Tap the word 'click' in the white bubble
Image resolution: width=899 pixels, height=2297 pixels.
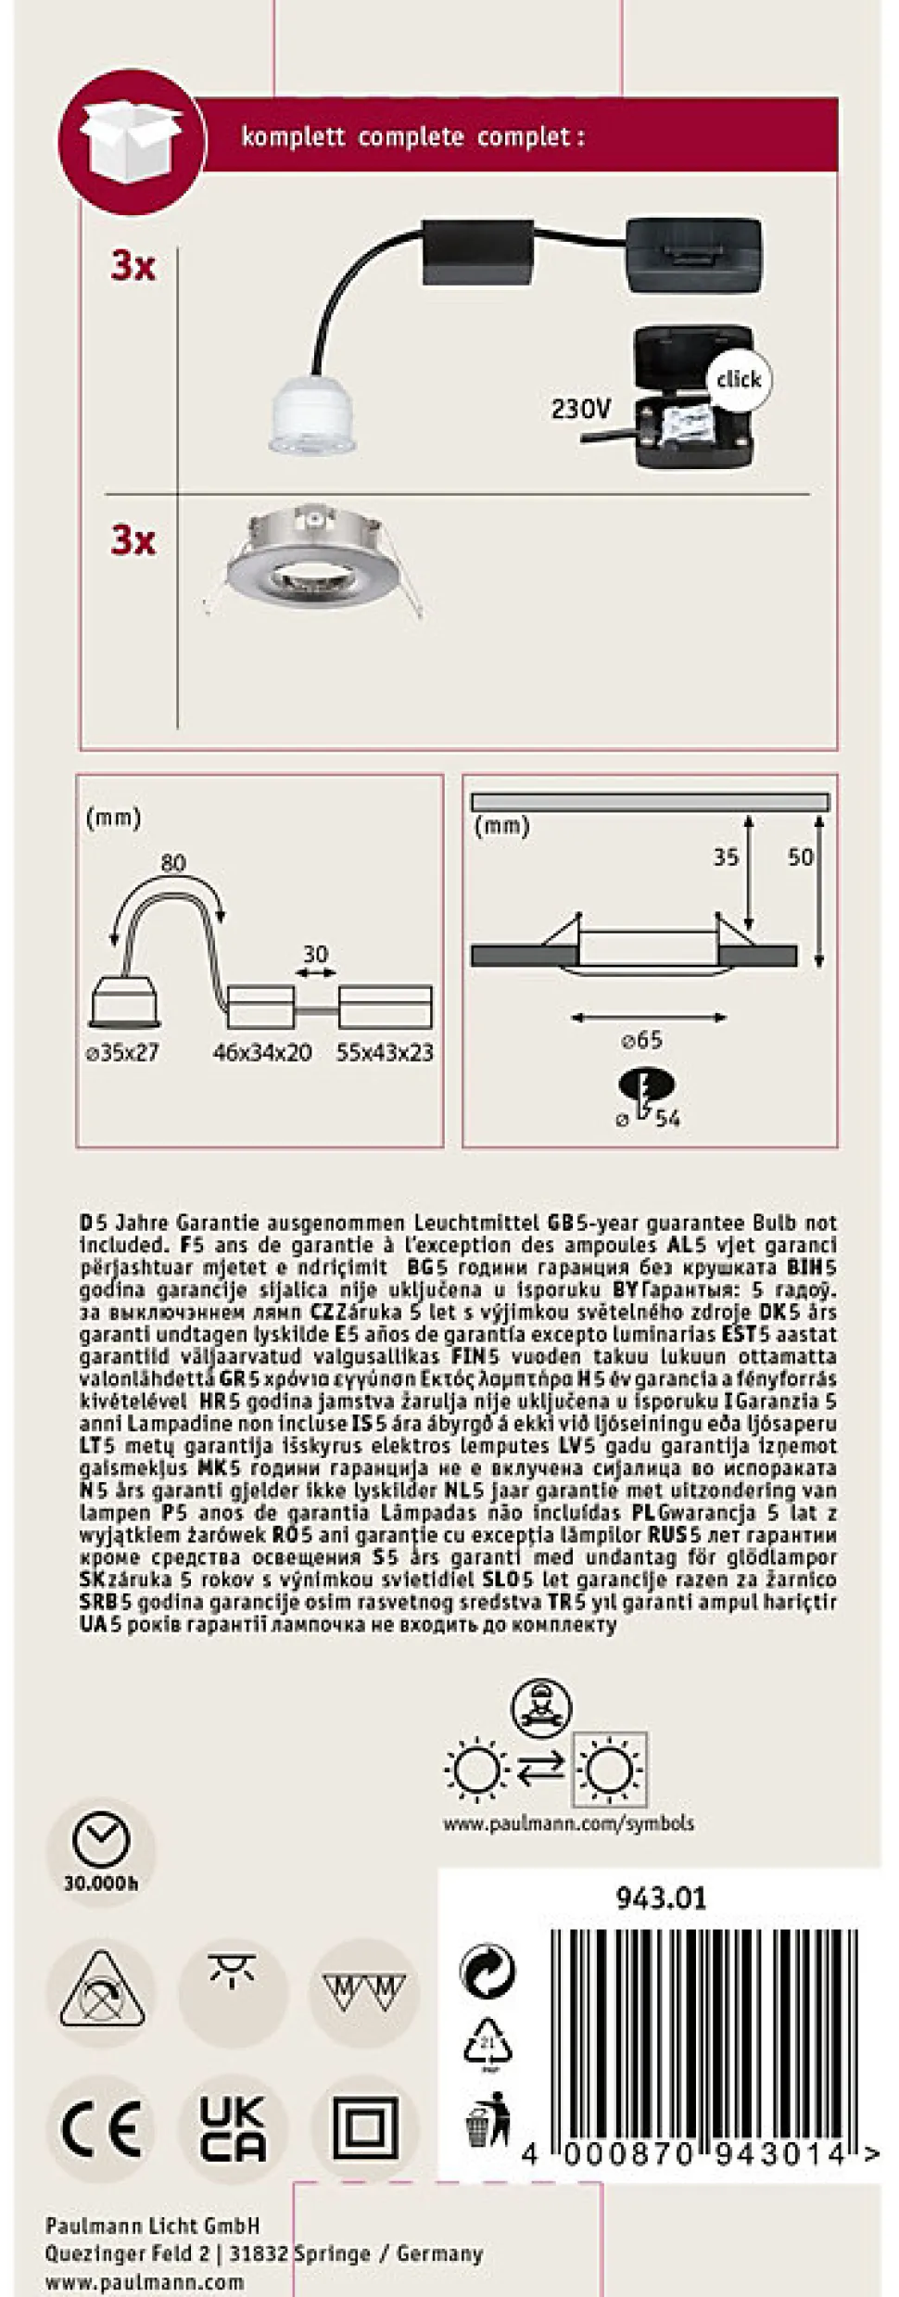(x=738, y=379)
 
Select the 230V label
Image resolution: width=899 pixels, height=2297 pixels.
(x=581, y=408)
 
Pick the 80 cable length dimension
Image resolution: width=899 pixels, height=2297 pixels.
(x=173, y=863)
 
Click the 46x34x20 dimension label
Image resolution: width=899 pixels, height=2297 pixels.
(x=262, y=1052)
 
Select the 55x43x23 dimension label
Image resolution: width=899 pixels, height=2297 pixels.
(x=385, y=1052)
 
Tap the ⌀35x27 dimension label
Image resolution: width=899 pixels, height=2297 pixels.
(x=122, y=1052)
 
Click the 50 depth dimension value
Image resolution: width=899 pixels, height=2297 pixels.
(x=800, y=857)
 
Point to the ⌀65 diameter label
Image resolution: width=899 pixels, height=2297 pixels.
(x=642, y=1040)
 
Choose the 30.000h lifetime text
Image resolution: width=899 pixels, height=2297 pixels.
(x=101, y=1883)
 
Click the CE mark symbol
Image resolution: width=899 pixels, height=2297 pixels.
(x=101, y=2128)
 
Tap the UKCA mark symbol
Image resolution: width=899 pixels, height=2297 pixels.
(x=233, y=2128)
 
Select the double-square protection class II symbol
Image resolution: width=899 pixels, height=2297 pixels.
(x=364, y=2128)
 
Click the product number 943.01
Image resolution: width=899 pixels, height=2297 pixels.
(x=661, y=1898)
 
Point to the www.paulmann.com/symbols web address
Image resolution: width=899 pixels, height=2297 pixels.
(x=568, y=1822)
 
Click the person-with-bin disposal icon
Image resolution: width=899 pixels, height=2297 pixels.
(x=487, y=2118)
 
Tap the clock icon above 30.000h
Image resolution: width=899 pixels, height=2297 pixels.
(x=101, y=1840)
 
